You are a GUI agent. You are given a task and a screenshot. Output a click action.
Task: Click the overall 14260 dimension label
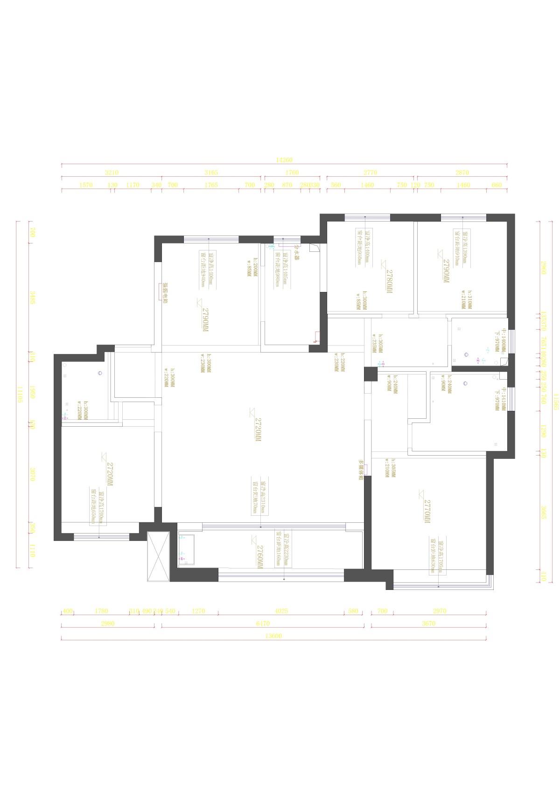[284, 160]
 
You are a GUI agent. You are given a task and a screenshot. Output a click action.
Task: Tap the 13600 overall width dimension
[273, 636]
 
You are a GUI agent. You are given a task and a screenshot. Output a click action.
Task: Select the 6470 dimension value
[263, 623]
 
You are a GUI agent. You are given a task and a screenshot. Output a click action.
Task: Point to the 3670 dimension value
[428, 623]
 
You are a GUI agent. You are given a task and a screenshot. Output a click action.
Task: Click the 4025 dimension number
[281, 610]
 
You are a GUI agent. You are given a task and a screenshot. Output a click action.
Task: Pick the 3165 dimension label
[211, 173]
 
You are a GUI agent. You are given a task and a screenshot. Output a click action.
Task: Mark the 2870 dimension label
[462, 173]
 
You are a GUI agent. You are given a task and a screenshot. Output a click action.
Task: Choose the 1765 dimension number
[211, 185]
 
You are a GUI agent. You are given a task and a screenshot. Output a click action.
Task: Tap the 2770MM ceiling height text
[427, 511]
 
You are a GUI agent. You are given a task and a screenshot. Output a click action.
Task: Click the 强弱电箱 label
[165, 293]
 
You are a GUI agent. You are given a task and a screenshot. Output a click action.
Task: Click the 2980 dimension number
[107, 623]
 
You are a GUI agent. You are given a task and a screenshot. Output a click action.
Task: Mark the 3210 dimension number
[112, 173]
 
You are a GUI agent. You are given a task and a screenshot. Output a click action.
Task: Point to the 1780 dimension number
[101, 610]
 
